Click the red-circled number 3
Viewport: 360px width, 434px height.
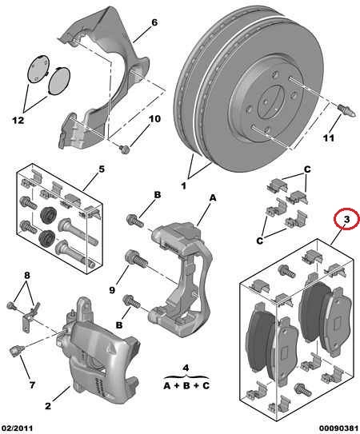(x=346, y=220)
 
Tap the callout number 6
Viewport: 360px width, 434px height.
(x=154, y=22)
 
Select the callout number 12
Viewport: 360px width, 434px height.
(x=18, y=121)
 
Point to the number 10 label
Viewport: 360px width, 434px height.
(x=154, y=119)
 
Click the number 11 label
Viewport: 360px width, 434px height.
(x=329, y=137)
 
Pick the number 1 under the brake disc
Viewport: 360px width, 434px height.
(x=183, y=185)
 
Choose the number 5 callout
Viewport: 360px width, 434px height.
(x=102, y=169)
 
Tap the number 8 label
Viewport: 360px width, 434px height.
(x=27, y=276)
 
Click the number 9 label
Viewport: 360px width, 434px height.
(x=112, y=290)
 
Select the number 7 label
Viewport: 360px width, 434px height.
(x=32, y=384)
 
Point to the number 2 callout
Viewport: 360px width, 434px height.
(x=48, y=406)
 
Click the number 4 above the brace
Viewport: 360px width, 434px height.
(x=186, y=368)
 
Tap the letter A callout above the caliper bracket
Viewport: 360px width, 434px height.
(x=212, y=198)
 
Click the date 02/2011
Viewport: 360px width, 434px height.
(x=16, y=428)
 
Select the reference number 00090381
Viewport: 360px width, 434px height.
(x=339, y=428)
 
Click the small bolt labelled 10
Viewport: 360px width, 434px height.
(x=125, y=149)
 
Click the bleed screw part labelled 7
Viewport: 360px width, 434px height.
(x=15, y=351)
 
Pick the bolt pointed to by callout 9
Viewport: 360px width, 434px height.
(x=136, y=258)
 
